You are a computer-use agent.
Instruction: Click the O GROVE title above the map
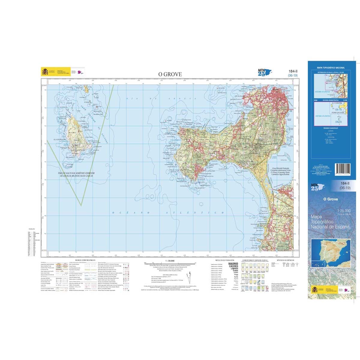click(x=170, y=74)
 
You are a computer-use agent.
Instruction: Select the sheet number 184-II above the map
click(x=292, y=71)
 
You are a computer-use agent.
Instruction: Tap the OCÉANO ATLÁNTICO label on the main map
click(x=168, y=213)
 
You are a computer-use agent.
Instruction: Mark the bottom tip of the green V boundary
click(x=82, y=205)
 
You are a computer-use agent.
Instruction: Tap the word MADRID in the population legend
click(x=233, y=264)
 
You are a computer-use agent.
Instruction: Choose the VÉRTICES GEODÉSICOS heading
click(x=282, y=260)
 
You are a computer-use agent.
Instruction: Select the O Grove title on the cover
click(x=331, y=199)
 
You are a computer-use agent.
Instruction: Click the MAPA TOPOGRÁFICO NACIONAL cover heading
click(x=331, y=68)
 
